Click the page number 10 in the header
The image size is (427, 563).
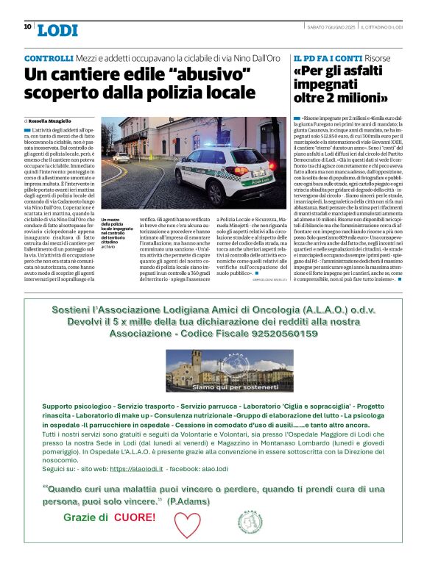click(x=27, y=26)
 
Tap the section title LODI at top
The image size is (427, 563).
click(x=57, y=30)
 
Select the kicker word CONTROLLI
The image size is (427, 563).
click(x=49, y=58)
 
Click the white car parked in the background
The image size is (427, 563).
click(x=122, y=157)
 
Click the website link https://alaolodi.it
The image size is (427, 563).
click(x=135, y=467)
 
